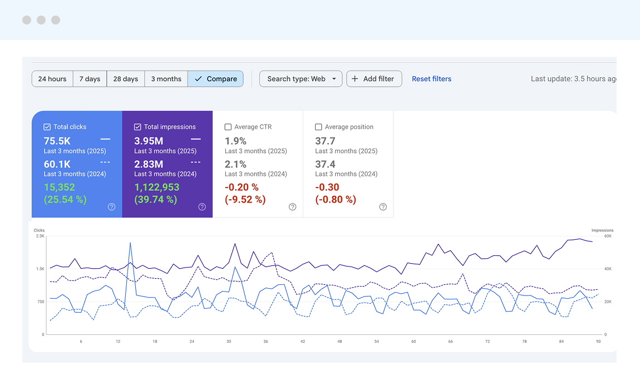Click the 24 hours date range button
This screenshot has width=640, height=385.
(52, 79)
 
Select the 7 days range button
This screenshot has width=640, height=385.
(90, 79)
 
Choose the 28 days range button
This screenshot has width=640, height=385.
(125, 79)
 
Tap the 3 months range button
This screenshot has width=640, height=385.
(166, 79)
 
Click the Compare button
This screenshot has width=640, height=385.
(215, 79)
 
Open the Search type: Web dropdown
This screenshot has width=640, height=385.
(301, 79)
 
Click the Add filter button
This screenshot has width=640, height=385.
(374, 79)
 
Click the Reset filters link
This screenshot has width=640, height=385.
(431, 79)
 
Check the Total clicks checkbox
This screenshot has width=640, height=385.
(47, 127)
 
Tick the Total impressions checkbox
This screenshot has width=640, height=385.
(137, 127)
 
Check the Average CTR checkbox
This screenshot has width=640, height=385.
(228, 127)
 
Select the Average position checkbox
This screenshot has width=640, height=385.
(318, 127)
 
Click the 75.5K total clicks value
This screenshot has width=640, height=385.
(57, 141)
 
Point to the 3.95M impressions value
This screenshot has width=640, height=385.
(149, 141)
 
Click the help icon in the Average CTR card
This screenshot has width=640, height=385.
(293, 207)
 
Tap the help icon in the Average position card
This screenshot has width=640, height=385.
(383, 207)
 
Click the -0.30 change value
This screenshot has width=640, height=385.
(327, 187)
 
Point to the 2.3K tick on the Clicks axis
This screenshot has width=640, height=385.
(40, 236)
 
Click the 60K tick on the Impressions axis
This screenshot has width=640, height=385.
(608, 236)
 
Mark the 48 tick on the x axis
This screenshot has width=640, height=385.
(339, 341)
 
